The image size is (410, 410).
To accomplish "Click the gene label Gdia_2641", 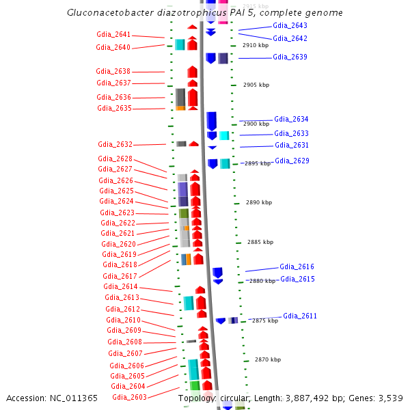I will [113, 34].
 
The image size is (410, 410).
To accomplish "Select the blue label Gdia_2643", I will [290, 25].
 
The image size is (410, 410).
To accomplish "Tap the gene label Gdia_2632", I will [115, 144].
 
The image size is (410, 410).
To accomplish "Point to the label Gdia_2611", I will [300, 316].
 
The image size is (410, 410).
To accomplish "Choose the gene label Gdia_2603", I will [129, 397].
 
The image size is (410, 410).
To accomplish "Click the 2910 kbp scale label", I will [256, 45].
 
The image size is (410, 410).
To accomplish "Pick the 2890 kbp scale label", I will [259, 203].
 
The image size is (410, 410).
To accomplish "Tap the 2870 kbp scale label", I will [268, 359].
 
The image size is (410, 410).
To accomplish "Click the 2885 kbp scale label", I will [260, 242].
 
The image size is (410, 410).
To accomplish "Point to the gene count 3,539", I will [389, 398].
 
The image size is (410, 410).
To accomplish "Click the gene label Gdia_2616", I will [297, 266].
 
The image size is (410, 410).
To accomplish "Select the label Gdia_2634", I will [291, 119].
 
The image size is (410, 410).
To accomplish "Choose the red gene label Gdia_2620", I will [118, 244].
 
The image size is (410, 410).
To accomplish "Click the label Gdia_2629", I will [292, 161].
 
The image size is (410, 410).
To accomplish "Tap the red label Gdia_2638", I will [113, 71].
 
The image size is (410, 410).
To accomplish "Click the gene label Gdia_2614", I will [120, 286].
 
